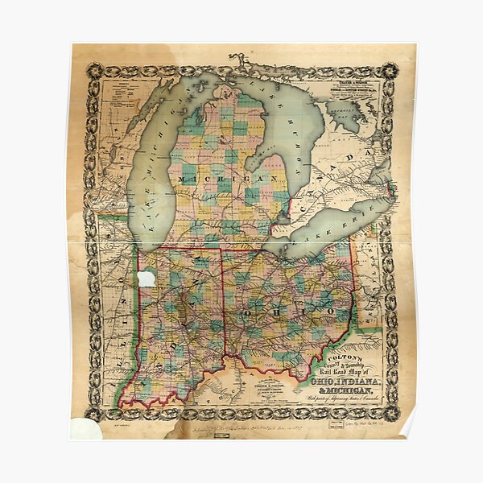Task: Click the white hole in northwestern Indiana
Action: pos(146,279)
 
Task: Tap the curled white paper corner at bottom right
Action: pos(408,427)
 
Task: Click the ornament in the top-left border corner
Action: pos(95,71)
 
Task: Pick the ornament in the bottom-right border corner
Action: pos(392,412)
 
